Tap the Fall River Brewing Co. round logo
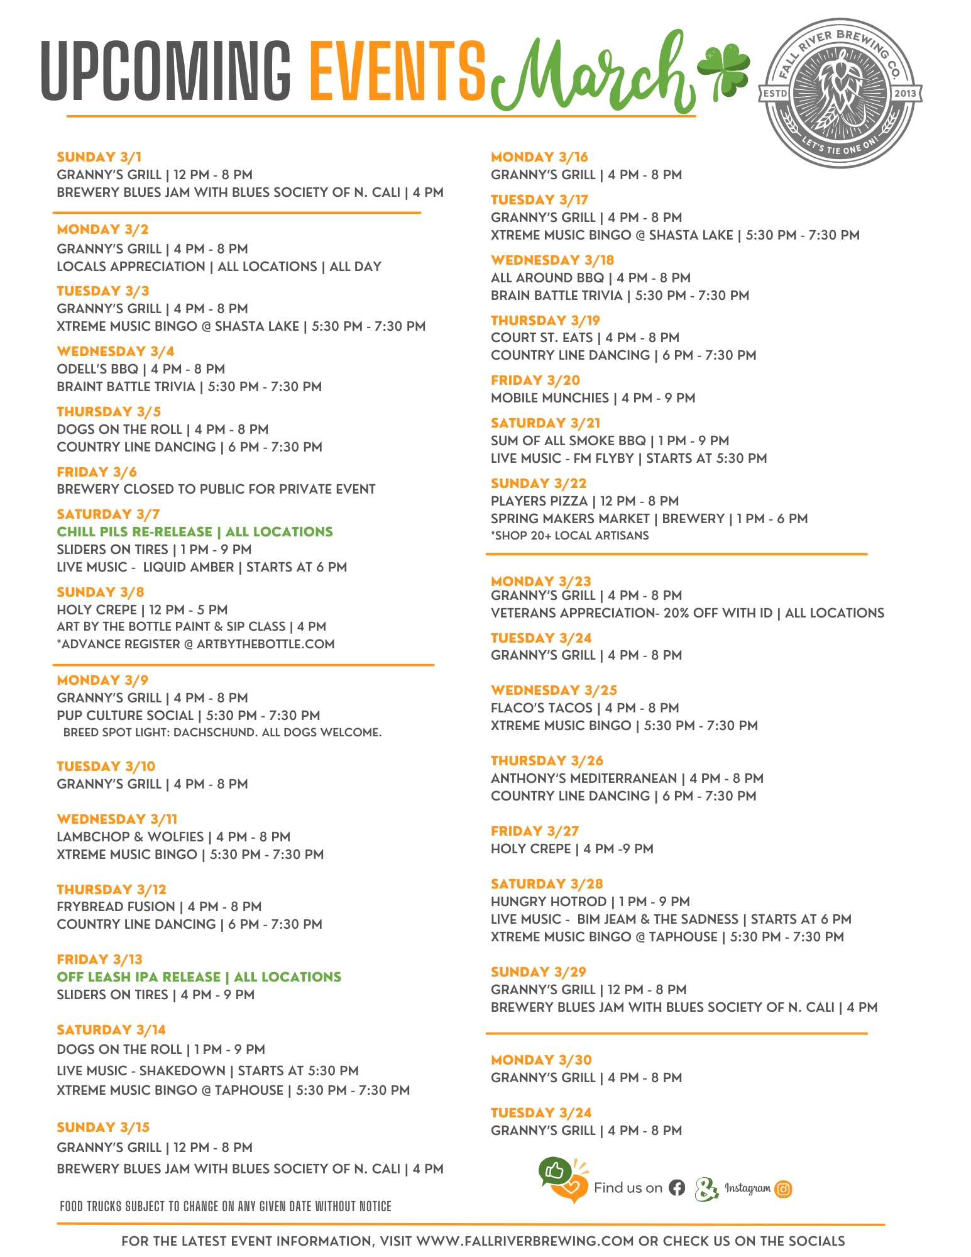[x=841, y=93]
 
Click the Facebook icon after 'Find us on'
[x=677, y=1188]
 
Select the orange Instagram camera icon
[x=783, y=1188]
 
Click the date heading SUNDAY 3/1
[x=99, y=157]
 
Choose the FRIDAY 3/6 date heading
[x=97, y=472]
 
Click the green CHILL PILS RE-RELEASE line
[x=195, y=532]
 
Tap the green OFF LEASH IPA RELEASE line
[x=199, y=977]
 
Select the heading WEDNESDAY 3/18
[x=552, y=260]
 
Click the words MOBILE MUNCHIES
[x=550, y=398]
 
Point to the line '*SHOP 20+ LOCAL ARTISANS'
[x=569, y=536]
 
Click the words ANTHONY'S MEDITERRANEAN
[x=584, y=778]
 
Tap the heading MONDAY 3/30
[x=541, y=1060]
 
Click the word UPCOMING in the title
[x=166, y=71]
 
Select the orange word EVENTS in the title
[x=398, y=71]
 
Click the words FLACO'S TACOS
[x=542, y=708]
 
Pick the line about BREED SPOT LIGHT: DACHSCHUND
[x=222, y=733]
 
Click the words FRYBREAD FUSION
[x=116, y=907]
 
